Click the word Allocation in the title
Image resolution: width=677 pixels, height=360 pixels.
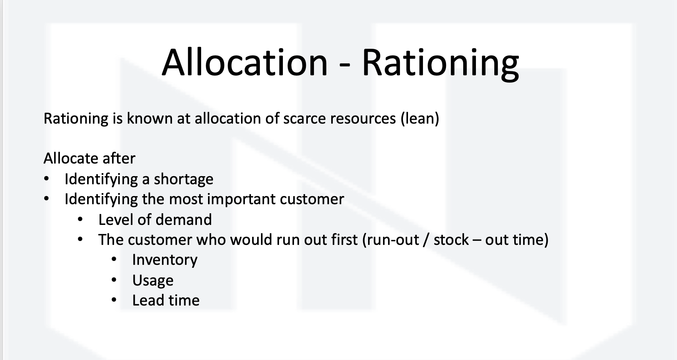(x=244, y=63)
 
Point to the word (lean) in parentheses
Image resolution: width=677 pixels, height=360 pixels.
(x=420, y=118)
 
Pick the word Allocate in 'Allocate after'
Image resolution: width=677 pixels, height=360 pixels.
(x=71, y=158)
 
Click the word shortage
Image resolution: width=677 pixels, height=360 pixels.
(x=183, y=179)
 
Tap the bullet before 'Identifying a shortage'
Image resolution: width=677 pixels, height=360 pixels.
(x=47, y=179)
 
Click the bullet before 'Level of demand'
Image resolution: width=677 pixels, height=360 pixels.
(x=80, y=220)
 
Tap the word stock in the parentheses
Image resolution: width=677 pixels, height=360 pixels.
(x=451, y=239)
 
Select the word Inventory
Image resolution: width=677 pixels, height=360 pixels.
(x=165, y=260)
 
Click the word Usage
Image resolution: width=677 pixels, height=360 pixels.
(x=153, y=281)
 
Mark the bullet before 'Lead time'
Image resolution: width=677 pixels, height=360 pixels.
(x=114, y=300)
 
